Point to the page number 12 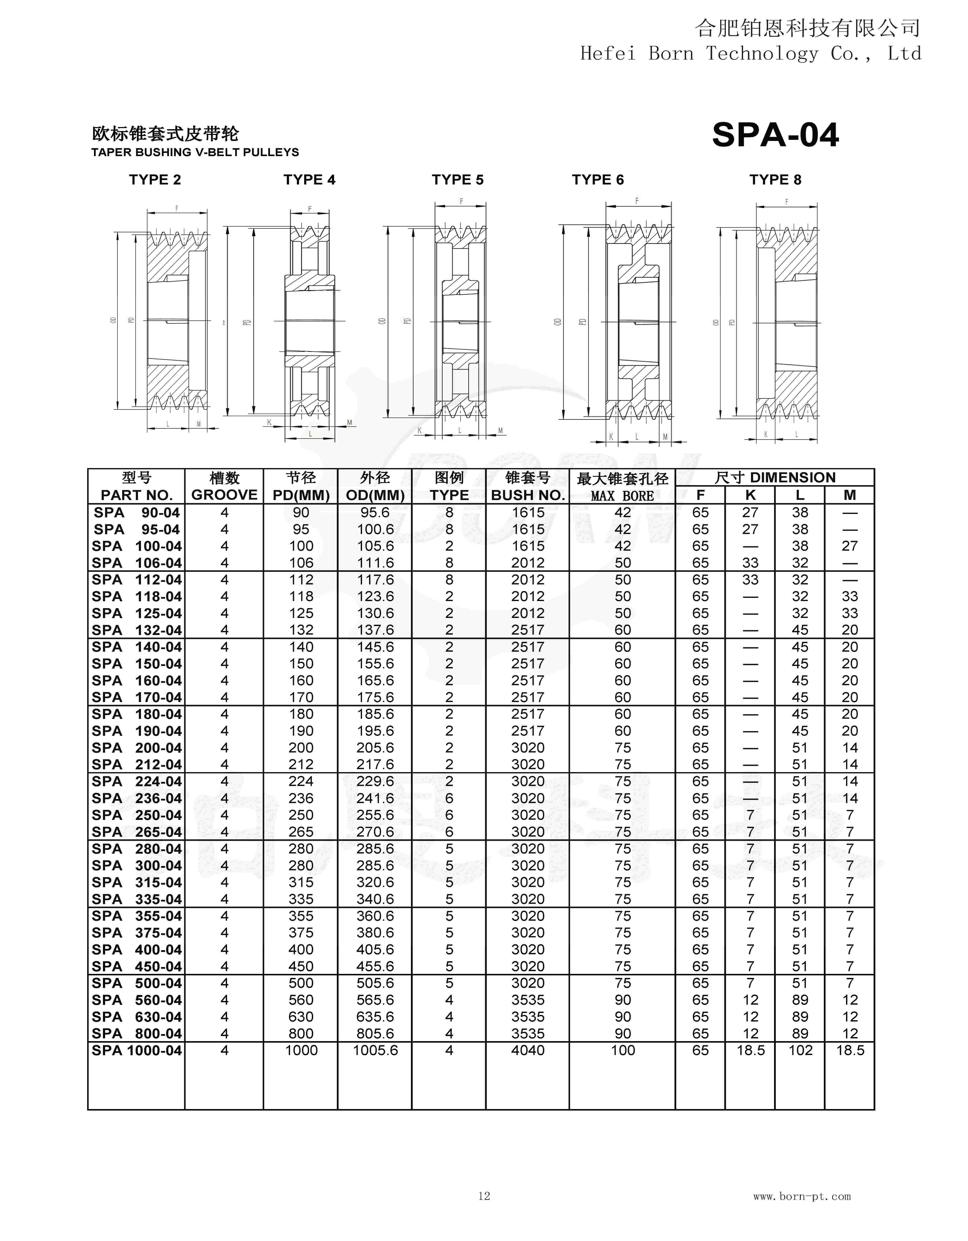pos(484,1196)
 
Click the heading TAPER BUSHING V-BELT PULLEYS pos(195,152)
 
